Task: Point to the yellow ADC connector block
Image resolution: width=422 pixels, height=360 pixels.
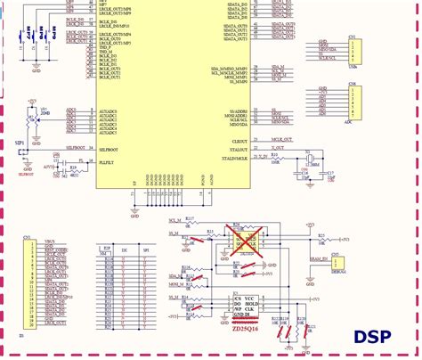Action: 353,106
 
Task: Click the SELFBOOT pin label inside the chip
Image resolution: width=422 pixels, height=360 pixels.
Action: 108,150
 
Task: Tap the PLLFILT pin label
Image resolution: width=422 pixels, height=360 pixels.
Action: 106,163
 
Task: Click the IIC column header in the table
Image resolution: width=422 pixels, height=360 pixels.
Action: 123,252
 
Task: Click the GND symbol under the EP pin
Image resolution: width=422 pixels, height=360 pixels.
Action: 134,212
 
